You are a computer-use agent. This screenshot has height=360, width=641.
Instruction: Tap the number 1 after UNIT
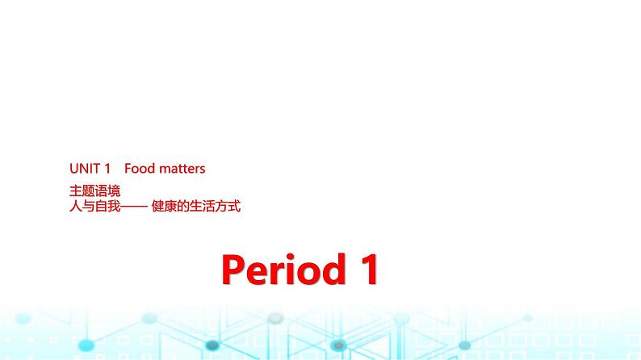(x=107, y=169)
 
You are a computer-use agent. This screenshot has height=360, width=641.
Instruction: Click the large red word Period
(x=281, y=270)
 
